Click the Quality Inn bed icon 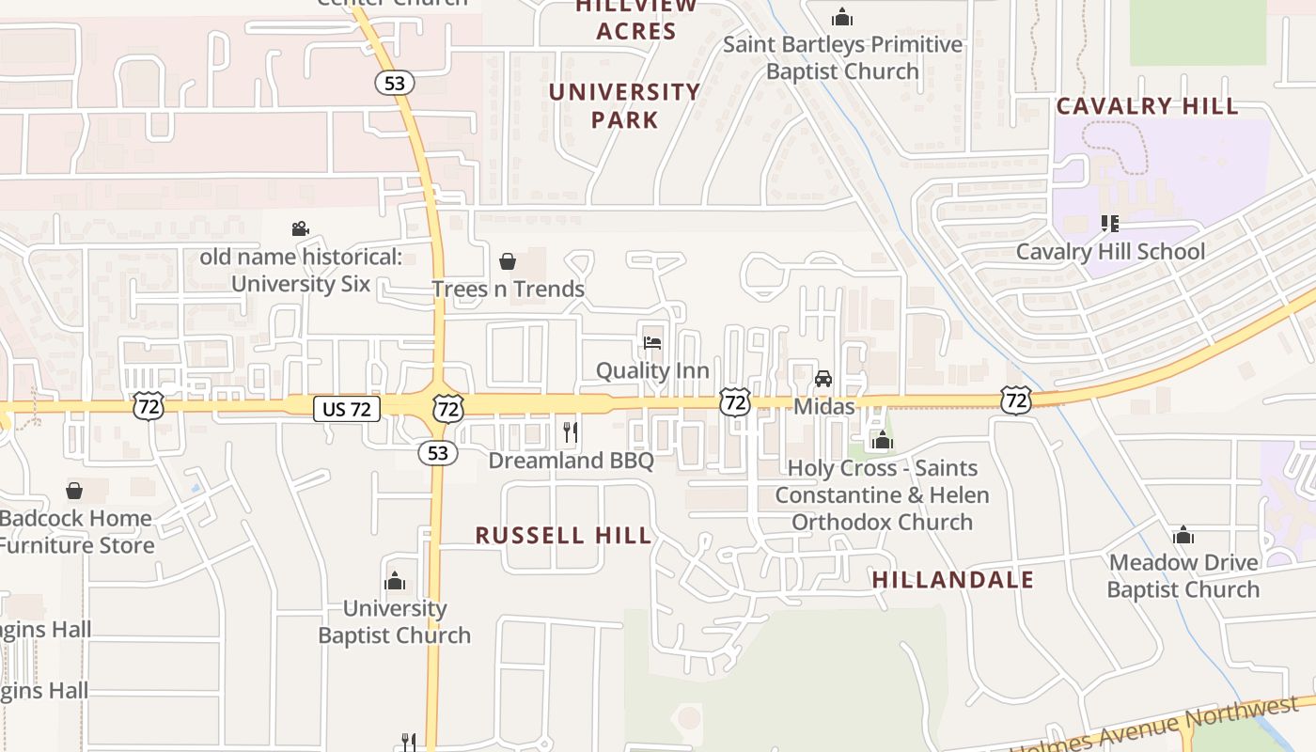652,343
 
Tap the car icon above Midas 823,379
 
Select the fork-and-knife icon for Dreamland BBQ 571,432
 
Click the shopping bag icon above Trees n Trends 508,261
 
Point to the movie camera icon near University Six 300,228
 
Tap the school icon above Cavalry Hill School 1109,224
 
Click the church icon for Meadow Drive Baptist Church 1183,536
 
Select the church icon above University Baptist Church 395,581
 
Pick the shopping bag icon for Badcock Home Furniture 74,491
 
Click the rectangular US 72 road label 347,409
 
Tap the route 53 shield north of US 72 395,83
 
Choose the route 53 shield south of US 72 438,453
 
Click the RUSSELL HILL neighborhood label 563,536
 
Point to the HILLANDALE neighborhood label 952,580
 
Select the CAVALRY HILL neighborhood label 1148,106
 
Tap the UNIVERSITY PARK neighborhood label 624,105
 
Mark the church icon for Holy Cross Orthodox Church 882,440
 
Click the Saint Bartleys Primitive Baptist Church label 842,57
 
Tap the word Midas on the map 824,406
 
